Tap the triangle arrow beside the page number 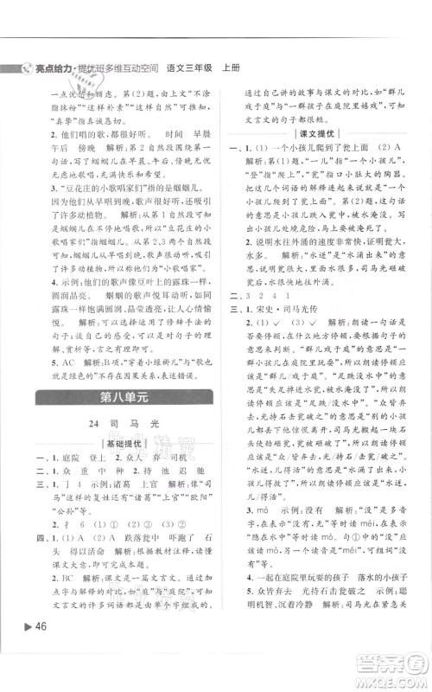click(x=26, y=649)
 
